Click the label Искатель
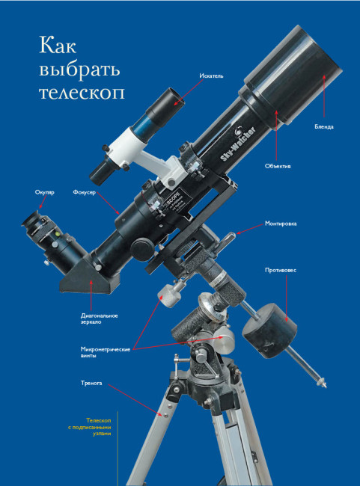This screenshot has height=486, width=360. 211,76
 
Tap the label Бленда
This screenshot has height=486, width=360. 324,126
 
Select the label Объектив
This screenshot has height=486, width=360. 278,166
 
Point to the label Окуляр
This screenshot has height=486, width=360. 45,192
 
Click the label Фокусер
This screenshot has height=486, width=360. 85,192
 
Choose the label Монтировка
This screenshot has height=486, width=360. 281,224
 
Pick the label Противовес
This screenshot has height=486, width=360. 281,270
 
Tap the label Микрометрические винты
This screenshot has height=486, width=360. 106,352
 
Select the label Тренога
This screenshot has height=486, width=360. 91,383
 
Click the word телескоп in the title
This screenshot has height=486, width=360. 82,93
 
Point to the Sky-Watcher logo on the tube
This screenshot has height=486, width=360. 238,144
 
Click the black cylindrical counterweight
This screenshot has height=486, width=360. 269,330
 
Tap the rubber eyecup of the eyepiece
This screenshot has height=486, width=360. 31,220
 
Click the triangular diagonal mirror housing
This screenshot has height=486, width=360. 89,277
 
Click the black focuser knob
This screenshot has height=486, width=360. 141,249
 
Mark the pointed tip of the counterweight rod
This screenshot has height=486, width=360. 326,387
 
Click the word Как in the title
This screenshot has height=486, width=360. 58,46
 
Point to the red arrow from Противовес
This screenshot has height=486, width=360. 286,298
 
